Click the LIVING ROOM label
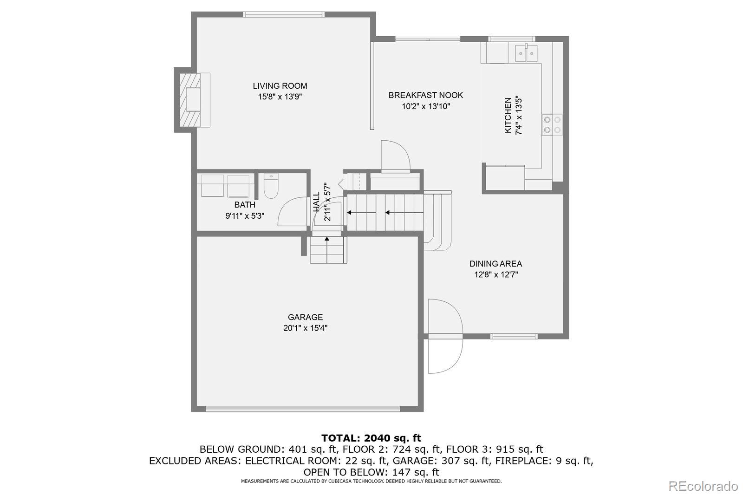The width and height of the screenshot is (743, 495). pyautogui.click(x=280, y=86)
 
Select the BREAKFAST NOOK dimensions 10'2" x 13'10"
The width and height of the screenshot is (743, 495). pyautogui.click(x=425, y=106)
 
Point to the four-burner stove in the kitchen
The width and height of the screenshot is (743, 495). pyautogui.click(x=552, y=125)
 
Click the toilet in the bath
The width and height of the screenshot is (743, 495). pyautogui.click(x=270, y=187)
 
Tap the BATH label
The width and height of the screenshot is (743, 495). pyautogui.click(x=244, y=205)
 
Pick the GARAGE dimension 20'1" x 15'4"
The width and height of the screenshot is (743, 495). pyautogui.click(x=305, y=328)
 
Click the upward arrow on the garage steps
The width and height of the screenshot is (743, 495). pyautogui.click(x=327, y=240)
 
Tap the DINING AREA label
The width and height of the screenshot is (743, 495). pyautogui.click(x=495, y=264)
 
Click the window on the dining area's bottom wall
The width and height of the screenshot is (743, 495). pyautogui.click(x=514, y=336)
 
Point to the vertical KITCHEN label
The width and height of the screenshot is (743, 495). pyautogui.click(x=508, y=115)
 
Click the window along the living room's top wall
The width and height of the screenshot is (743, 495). pyautogui.click(x=284, y=14)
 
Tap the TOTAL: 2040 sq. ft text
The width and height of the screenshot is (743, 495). pyautogui.click(x=371, y=438)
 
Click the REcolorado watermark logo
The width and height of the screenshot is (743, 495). pyautogui.click(x=703, y=486)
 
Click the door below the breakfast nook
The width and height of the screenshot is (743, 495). pyautogui.click(x=395, y=157)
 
